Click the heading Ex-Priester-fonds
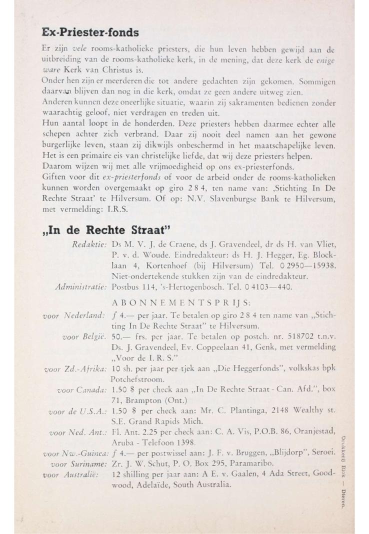90,32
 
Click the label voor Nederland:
75,315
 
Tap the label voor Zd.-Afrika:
75,370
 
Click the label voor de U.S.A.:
78,412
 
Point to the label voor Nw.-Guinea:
75,454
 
